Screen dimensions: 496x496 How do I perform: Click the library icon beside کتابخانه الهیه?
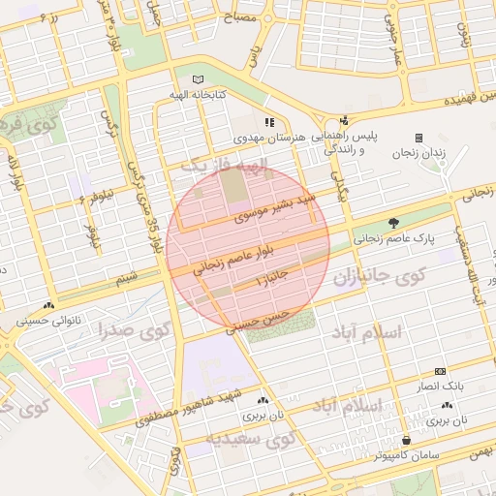click(199, 78)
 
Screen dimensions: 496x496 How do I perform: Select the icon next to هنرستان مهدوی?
click(268, 123)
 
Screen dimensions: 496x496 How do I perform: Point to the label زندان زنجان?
click(418, 153)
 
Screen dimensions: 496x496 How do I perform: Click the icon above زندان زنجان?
click(418, 138)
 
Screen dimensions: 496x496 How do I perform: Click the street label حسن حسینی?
click(258, 322)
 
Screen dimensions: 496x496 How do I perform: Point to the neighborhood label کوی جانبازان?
click(380, 278)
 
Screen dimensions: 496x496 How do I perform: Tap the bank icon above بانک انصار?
click(441, 371)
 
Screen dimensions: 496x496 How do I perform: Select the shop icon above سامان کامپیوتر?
click(418, 438)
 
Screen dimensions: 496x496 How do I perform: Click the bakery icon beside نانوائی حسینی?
click(48, 306)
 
